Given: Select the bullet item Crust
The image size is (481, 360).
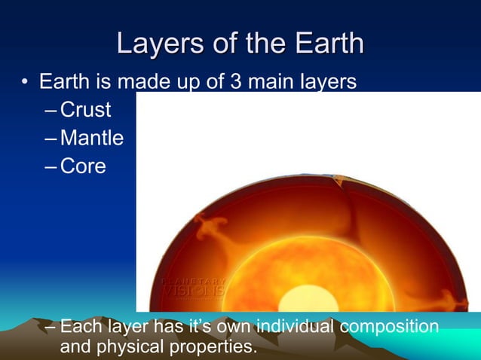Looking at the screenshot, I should (x=85, y=110).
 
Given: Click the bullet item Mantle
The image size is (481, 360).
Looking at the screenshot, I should (x=91, y=139).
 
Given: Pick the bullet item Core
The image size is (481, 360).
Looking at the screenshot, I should (x=83, y=166).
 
